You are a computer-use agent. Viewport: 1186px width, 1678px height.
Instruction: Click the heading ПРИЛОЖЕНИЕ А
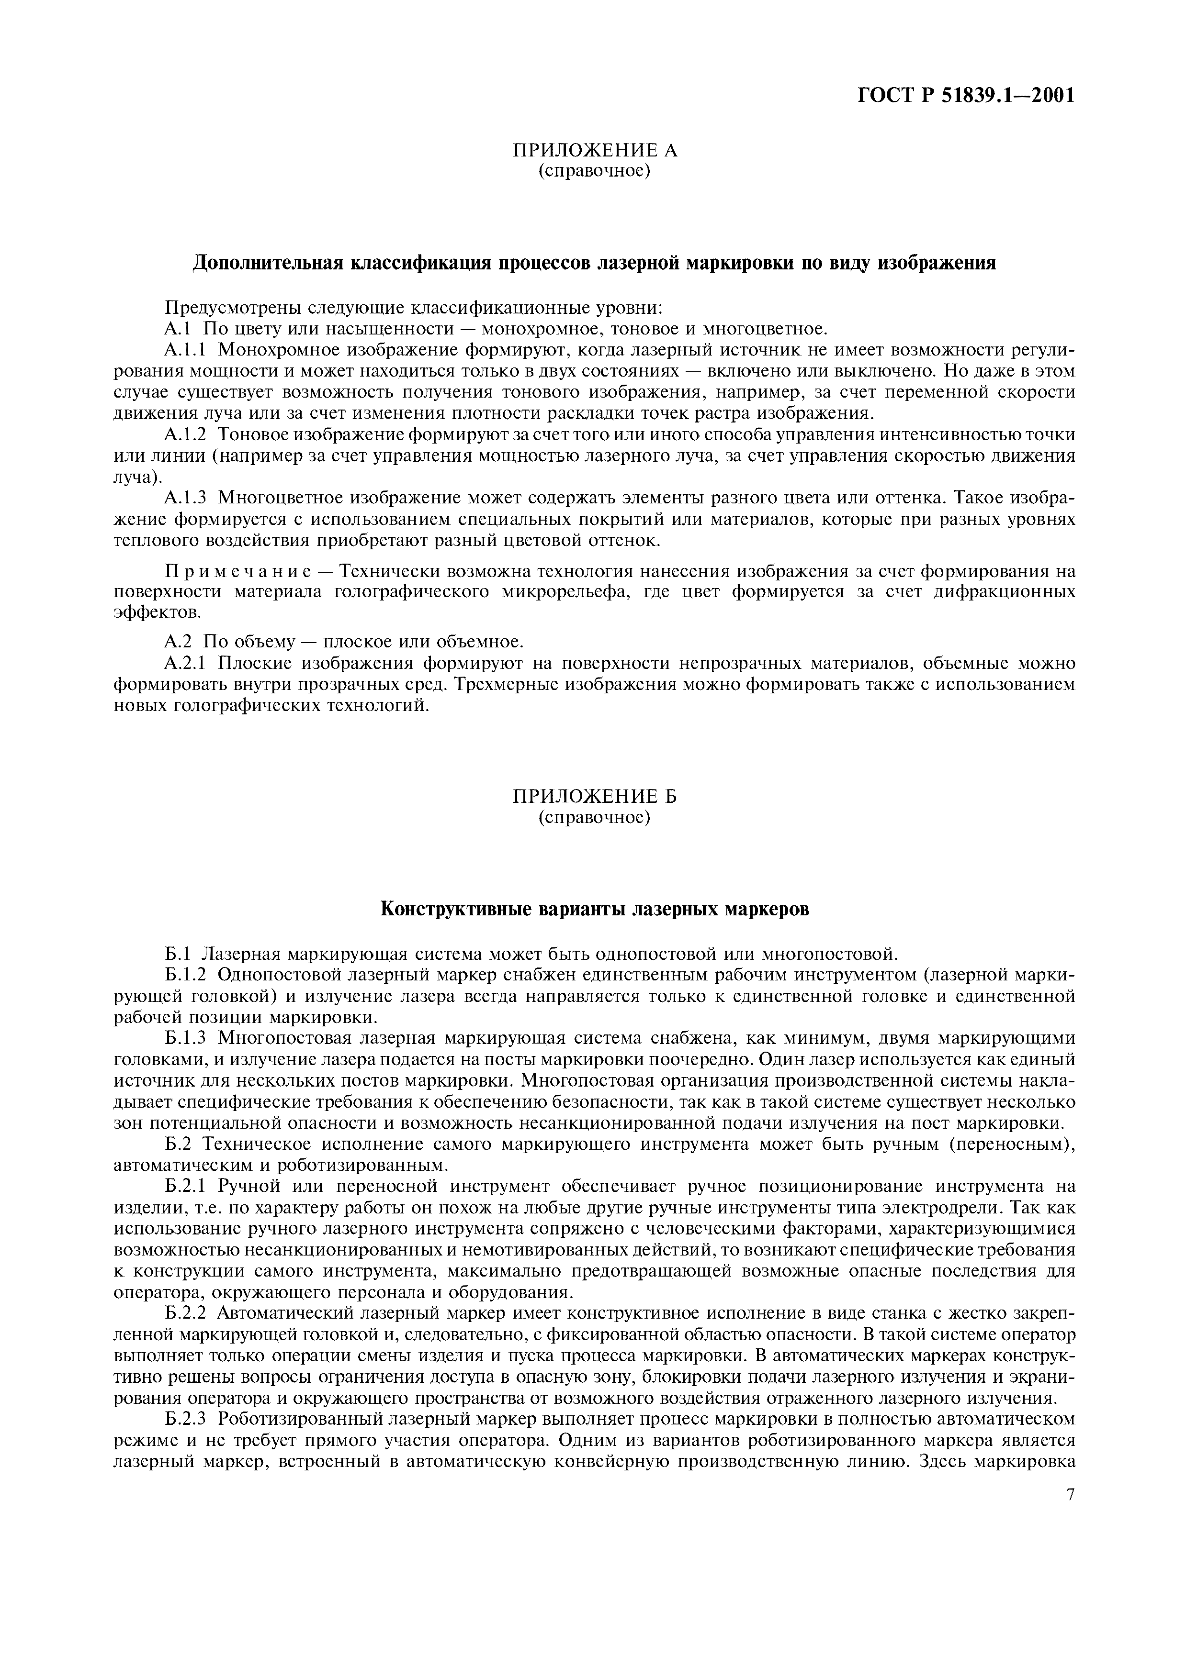(595, 151)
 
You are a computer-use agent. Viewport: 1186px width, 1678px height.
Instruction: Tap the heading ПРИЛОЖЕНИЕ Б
(595, 796)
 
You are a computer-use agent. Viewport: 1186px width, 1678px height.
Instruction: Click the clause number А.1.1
(187, 349)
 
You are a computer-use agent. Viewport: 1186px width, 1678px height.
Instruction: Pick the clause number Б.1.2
(187, 975)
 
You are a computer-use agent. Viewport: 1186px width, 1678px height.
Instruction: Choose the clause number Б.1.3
(187, 1038)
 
